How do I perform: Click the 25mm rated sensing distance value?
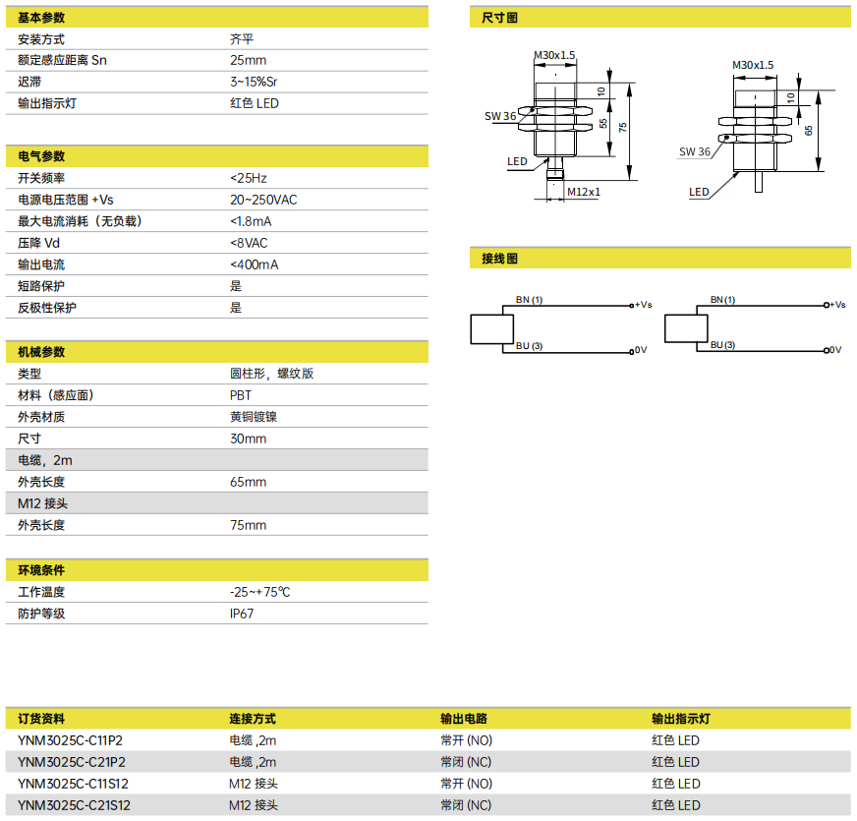[248, 60]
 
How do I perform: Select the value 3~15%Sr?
[254, 82]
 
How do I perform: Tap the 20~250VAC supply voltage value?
[263, 200]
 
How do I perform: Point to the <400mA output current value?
[255, 264]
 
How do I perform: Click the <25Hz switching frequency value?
[249, 178]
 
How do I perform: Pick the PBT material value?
[241, 395]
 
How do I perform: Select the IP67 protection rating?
[242, 614]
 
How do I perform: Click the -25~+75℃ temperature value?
[260, 592]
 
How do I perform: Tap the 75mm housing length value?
[248, 525]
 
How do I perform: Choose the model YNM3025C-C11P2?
[71, 740]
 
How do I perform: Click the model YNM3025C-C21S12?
[75, 805]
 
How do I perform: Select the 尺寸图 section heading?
[499, 18]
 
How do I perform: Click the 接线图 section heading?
[499, 259]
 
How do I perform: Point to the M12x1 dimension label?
[584, 192]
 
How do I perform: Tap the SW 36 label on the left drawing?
[500, 116]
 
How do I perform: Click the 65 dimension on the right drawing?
[809, 131]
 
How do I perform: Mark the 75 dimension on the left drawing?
[622, 128]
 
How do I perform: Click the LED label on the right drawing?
[699, 192]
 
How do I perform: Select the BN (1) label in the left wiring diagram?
[529, 300]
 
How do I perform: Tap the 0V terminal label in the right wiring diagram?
[835, 350]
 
